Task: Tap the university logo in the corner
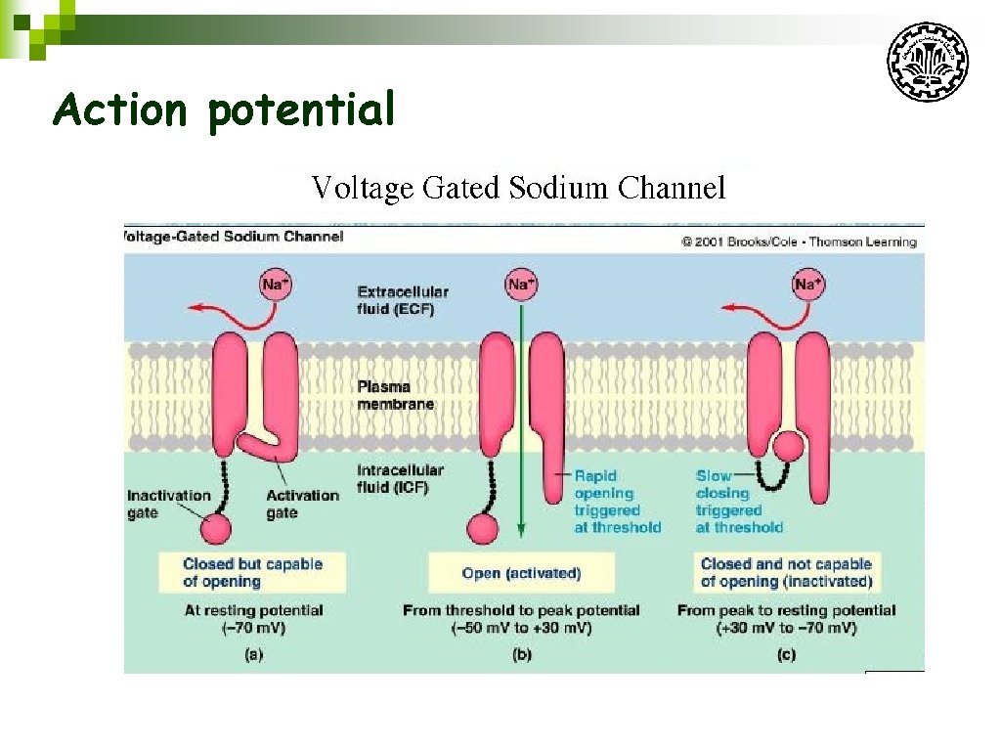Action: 927,62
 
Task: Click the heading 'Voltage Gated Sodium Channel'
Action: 518,187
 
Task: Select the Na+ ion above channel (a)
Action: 276,285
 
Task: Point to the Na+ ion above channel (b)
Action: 520,285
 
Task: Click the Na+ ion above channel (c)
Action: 806,285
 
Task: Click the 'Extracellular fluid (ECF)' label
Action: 403,300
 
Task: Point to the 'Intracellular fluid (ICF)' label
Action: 400,478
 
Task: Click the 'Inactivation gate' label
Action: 168,504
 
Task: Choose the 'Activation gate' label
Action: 302,504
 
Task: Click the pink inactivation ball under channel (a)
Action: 215,528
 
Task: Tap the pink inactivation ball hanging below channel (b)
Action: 482,528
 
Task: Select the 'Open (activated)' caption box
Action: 521,573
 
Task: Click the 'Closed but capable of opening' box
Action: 252,572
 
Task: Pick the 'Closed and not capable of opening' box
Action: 786,572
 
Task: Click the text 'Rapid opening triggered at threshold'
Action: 617,502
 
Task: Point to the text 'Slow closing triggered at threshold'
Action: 739,502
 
